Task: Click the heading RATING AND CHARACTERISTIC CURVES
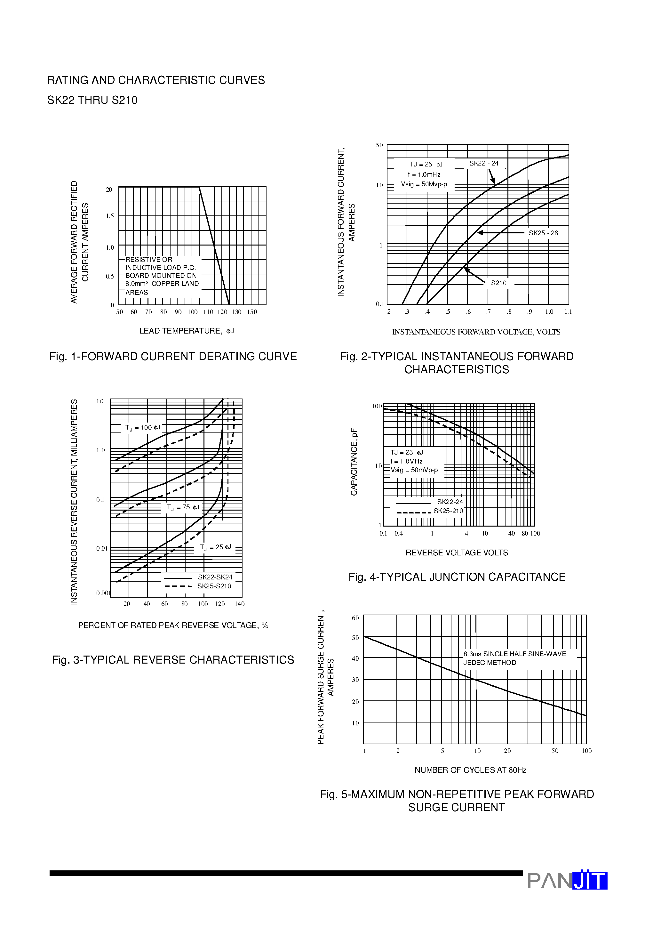coord(156,80)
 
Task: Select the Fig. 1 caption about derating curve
coord(173,356)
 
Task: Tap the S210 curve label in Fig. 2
coord(498,283)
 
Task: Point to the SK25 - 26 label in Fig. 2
coord(543,233)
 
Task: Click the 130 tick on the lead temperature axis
coord(236,312)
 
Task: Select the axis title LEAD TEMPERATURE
coord(186,331)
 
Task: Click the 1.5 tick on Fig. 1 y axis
coord(110,216)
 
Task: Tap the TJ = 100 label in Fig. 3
coord(142,427)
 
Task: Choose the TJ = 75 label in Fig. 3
coord(183,507)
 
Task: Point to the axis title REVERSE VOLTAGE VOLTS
coord(457,553)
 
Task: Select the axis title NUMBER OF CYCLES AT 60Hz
coord(470,770)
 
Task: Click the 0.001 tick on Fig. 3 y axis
coord(103,593)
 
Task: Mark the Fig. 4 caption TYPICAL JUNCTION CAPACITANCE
coord(457,577)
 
